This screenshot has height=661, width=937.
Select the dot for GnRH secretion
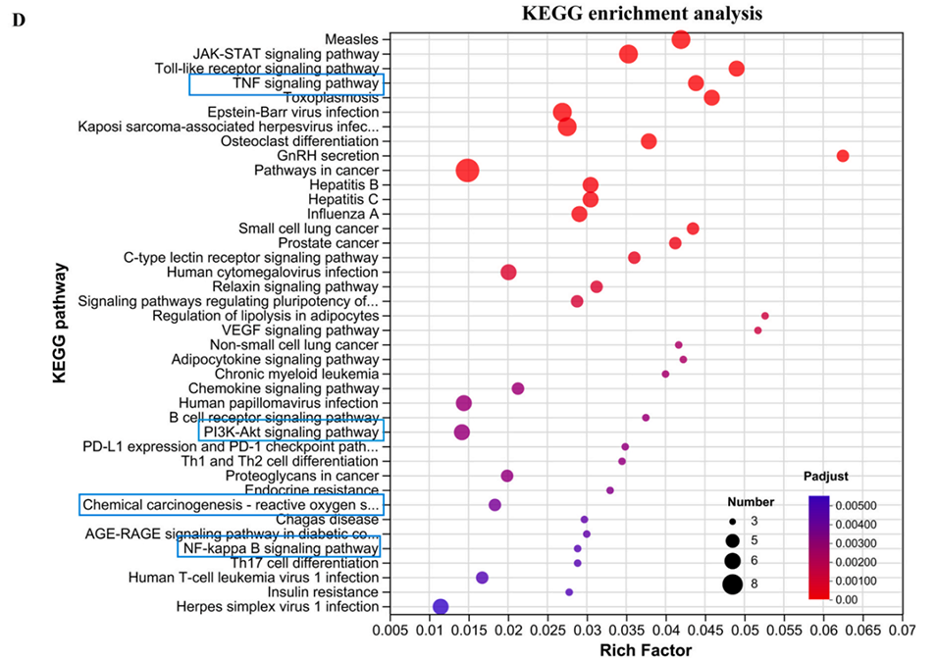842,156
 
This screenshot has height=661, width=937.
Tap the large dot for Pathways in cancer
468,171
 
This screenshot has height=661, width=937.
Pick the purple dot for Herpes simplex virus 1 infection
441,607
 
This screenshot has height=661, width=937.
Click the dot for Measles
681,39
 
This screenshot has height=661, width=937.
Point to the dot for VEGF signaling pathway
757,330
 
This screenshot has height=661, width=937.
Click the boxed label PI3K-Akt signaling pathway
290,432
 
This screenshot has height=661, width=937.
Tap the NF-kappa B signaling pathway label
280,549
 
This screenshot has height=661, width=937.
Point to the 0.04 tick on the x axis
665,629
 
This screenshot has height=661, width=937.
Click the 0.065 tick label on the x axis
863,629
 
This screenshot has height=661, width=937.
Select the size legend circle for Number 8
732,585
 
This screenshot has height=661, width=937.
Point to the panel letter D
18,20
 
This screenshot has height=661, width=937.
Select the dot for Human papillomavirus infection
464,403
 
